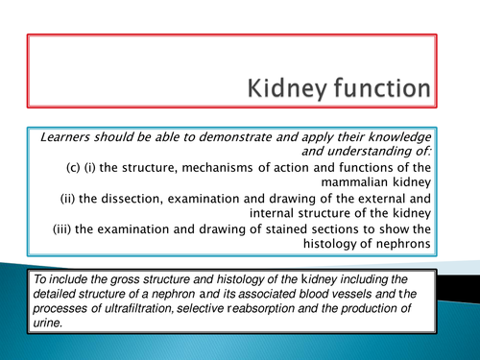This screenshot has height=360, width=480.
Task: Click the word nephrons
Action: coord(400,254)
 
